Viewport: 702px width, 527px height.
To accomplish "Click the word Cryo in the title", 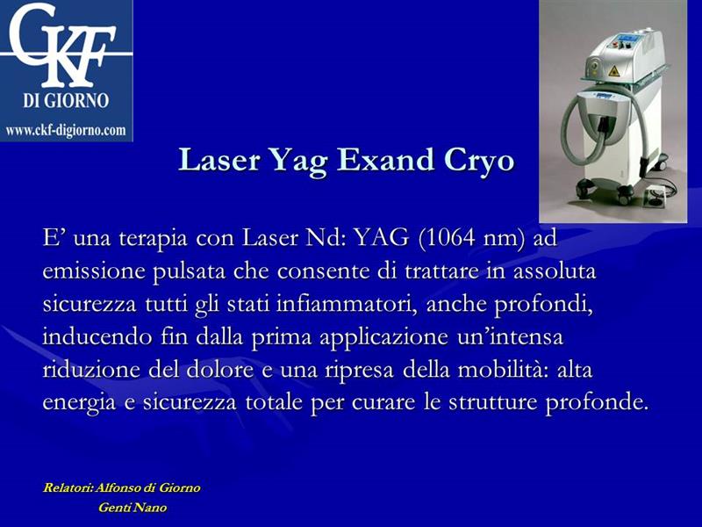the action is [478, 161].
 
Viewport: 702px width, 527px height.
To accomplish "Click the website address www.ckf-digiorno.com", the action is [66, 130].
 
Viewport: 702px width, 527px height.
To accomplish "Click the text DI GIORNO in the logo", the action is [66, 100].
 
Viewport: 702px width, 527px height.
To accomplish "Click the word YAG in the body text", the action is [381, 237].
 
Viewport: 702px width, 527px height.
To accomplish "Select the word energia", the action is [79, 403].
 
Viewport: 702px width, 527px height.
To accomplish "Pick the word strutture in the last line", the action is [492, 402].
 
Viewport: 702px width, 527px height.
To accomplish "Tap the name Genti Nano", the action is [133, 508].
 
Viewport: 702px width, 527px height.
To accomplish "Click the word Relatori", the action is [68, 487].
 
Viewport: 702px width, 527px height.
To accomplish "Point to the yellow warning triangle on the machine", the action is [613, 70].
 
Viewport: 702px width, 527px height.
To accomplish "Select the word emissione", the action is [94, 271].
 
